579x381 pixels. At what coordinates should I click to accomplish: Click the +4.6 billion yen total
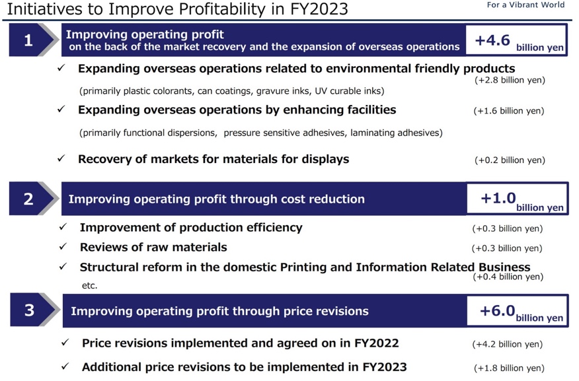[x=519, y=41]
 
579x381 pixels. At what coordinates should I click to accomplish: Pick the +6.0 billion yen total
[x=521, y=312]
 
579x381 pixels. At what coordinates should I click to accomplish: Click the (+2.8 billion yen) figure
[x=510, y=80]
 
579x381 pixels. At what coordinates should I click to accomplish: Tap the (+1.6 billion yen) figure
[x=509, y=111]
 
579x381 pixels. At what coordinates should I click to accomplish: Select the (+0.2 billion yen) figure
[x=510, y=160]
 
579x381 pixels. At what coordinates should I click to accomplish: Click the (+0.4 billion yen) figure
[x=508, y=277]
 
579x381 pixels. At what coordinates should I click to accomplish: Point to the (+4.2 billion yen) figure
[x=508, y=344]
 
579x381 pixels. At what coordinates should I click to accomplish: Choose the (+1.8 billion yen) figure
[x=509, y=368]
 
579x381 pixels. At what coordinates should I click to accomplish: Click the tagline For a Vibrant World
[x=525, y=5]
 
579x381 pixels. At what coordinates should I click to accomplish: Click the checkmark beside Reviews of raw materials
[x=63, y=246]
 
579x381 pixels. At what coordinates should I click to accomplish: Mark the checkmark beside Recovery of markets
[x=61, y=158]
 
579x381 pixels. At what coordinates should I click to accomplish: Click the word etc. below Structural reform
[x=90, y=285]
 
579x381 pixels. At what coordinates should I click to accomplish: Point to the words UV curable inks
[x=350, y=91]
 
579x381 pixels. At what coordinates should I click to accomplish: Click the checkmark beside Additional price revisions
[x=65, y=366]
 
